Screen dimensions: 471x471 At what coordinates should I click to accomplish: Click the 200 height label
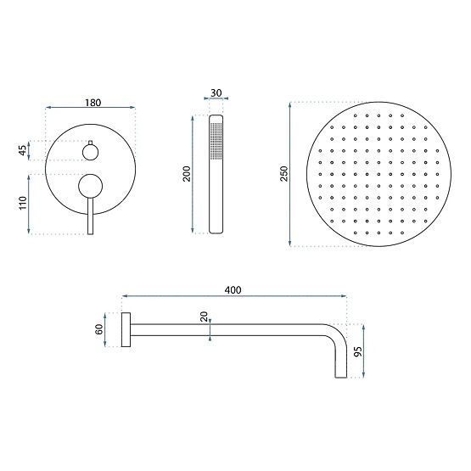click(x=187, y=173)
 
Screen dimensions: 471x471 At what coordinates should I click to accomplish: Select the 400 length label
click(x=234, y=290)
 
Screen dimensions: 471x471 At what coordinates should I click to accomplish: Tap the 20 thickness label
click(x=204, y=317)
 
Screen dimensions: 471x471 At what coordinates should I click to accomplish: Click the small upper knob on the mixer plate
click(x=89, y=152)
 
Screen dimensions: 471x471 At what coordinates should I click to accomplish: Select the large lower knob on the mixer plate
click(x=89, y=185)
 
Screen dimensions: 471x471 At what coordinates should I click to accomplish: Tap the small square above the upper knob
click(x=89, y=141)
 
